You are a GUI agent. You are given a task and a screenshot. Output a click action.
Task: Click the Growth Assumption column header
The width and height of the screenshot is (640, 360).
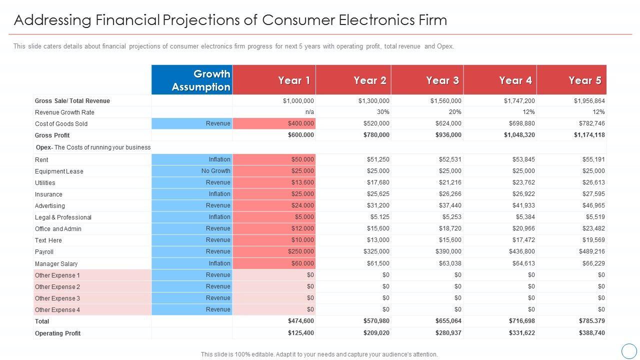201,80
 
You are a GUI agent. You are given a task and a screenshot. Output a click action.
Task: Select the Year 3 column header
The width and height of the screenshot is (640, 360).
442,80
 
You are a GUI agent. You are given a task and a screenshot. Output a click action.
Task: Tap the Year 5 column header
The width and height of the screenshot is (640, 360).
585,80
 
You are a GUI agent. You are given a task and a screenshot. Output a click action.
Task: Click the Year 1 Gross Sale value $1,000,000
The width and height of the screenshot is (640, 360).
298,101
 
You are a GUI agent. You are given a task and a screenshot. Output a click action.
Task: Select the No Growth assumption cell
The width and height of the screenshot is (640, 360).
215,171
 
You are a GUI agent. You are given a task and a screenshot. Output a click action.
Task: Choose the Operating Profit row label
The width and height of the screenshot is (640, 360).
58,333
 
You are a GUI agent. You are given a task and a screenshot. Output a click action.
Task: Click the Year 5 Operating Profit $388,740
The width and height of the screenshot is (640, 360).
592,333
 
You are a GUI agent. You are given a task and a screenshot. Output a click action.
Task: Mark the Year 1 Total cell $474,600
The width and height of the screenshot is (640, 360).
301,321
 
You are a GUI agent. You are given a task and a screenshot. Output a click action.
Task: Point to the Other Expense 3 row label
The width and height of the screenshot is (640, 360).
57,298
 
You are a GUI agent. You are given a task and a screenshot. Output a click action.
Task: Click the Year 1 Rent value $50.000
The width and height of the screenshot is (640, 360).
302,159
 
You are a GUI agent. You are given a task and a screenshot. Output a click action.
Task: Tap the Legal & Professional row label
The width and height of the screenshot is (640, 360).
63,217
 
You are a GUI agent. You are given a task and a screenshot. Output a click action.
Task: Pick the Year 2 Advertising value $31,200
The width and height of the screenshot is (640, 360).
378,205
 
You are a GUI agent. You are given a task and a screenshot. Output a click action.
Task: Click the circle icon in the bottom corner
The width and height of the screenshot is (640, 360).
628,350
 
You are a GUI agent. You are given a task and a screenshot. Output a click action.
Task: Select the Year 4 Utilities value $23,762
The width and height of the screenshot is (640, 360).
523,182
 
